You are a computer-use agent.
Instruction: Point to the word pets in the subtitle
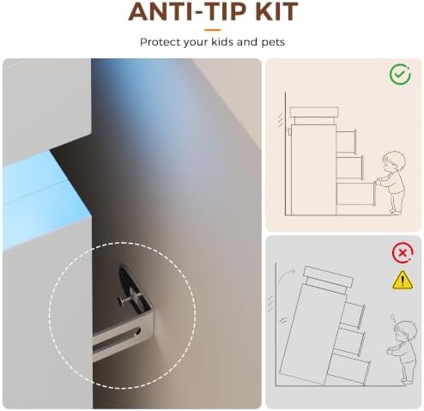click(273, 43)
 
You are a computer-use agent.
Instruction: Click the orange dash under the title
click(213, 30)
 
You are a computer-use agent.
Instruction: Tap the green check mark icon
click(400, 75)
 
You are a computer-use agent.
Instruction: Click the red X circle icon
click(403, 253)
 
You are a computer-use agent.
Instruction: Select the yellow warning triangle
click(403, 280)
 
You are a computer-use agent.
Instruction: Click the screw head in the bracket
click(120, 300)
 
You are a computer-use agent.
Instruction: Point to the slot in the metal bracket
click(117, 337)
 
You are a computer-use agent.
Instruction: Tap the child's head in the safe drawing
click(394, 161)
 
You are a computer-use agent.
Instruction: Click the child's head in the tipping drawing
click(404, 331)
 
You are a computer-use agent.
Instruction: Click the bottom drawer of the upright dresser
click(356, 194)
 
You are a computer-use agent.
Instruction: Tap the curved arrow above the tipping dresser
click(287, 275)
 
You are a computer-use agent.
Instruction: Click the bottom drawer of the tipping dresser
click(348, 368)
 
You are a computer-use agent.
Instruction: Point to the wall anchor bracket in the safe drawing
click(289, 131)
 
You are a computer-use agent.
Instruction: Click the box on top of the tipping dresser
click(328, 276)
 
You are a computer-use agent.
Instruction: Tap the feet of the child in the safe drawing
click(396, 212)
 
